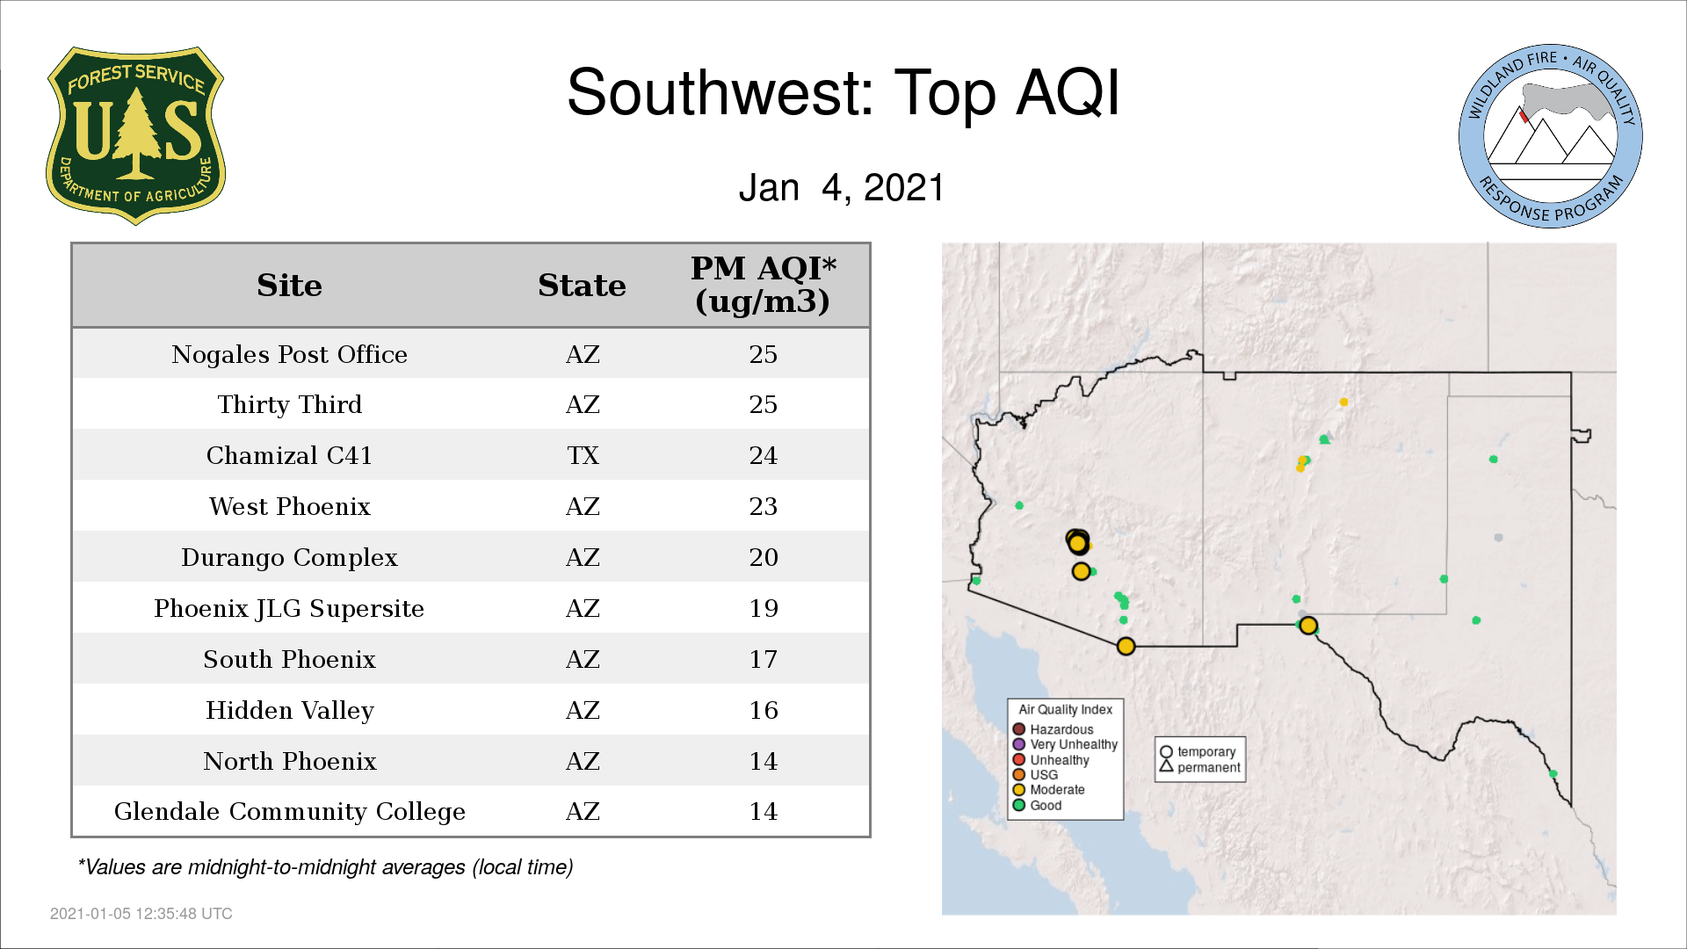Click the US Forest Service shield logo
point(135,136)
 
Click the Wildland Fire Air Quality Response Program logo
point(1550,136)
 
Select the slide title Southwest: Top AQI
point(843,92)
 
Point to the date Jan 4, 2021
point(841,187)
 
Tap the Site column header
point(289,286)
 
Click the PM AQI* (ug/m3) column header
point(763,285)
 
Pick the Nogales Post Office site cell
point(289,354)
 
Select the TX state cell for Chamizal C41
point(583,455)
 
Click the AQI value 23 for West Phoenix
point(763,506)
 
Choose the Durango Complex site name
point(289,557)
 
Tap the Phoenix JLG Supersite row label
point(289,608)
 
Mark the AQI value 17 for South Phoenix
point(763,659)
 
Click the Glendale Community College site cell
point(289,811)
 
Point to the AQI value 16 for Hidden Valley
point(763,710)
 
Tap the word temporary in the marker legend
point(1206,752)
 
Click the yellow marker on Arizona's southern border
point(1126,647)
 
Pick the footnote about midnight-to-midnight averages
point(325,867)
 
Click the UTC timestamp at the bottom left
point(141,914)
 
